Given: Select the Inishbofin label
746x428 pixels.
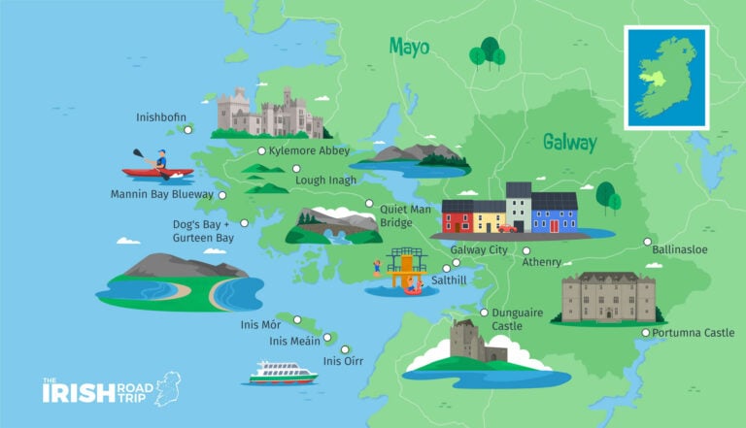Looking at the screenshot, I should click(x=160, y=117).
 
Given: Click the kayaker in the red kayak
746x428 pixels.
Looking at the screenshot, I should click(x=158, y=165).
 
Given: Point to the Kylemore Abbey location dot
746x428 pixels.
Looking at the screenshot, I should click(x=261, y=151).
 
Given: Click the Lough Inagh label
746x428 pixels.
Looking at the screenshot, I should click(x=324, y=180).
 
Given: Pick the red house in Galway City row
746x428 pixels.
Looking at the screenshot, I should click(x=457, y=216).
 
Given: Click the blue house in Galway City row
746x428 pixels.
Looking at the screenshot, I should click(x=555, y=213).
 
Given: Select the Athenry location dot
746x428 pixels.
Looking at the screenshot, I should click(x=526, y=250).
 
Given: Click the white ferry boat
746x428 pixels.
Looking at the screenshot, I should click(x=283, y=372).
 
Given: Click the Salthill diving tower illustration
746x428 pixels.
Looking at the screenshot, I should click(x=404, y=271).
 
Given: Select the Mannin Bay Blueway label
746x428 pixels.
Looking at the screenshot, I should click(x=161, y=195).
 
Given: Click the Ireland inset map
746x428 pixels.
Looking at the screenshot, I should click(x=666, y=77).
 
